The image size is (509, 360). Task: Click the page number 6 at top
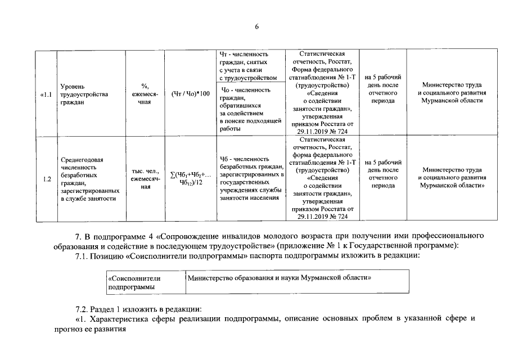coord(256,26)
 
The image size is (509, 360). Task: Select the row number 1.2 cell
coord(47,179)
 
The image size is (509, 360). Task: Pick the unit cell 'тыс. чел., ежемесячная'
coord(145,179)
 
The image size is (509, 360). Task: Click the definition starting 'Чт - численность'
coord(248,65)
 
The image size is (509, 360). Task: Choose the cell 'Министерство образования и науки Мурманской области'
coord(281,278)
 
